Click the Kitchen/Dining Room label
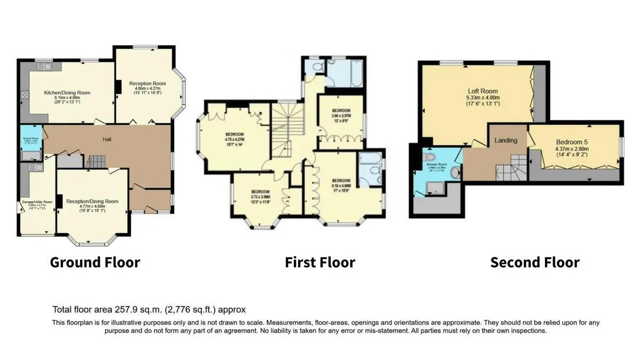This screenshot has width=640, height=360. click(x=67, y=93)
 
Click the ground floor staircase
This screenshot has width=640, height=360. click(x=97, y=161)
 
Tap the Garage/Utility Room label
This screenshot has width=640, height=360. click(x=37, y=202)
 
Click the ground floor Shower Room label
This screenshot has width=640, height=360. click(x=30, y=140)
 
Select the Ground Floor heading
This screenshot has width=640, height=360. click(x=95, y=262)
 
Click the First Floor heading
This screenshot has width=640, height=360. click(x=319, y=262)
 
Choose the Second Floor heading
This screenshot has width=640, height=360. click(x=534, y=262)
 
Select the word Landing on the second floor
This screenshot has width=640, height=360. click(x=506, y=141)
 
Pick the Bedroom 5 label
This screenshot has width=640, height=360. click(x=572, y=142)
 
